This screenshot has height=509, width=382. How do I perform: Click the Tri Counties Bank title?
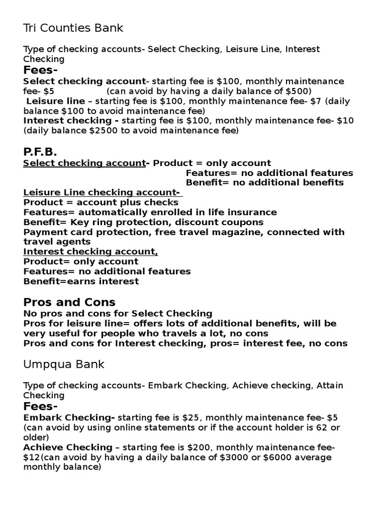point(73,28)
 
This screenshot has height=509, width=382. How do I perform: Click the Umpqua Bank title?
point(64,364)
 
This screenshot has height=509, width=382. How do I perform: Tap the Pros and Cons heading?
point(69,302)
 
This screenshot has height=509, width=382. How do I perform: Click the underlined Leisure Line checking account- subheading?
point(102,192)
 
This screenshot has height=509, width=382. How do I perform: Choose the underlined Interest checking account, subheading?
point(91,252)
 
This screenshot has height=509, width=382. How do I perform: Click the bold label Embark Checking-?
point(69,417)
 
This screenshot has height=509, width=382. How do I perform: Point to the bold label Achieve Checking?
point(68,447)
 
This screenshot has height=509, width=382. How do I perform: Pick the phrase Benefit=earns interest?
point(81,281)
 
